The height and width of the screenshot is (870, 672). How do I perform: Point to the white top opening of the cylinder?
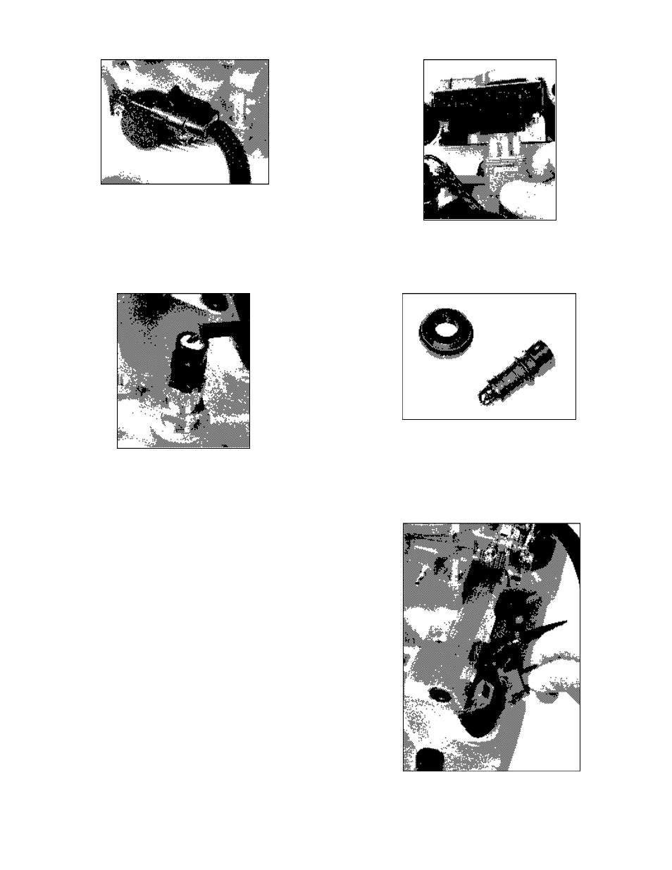[190, 341]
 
